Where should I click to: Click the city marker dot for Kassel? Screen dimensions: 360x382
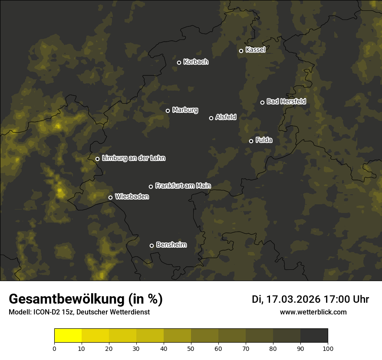241,51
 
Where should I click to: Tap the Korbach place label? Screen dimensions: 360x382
196,62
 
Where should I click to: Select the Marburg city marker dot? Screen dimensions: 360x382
168,111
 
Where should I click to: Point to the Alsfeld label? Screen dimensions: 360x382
226,117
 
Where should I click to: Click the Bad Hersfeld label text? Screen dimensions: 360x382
286,101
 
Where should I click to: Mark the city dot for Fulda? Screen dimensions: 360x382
251,141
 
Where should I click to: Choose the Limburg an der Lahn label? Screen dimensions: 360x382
133,158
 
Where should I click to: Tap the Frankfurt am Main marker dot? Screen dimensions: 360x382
151,187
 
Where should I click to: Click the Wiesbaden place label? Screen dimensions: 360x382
132,197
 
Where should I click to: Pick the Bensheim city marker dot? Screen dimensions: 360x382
151,245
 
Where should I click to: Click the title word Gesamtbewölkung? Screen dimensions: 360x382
68,299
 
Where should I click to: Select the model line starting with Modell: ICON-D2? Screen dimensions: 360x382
79,312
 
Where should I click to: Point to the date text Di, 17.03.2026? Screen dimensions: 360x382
286,299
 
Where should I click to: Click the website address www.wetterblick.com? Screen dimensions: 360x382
313,312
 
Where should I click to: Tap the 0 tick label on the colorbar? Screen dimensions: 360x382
54,348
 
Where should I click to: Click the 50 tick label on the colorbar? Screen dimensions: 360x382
191,348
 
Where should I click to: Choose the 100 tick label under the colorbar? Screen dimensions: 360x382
328,348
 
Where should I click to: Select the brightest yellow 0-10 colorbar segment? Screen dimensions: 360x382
68,336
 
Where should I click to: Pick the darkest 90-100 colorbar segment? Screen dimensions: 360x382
314,336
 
